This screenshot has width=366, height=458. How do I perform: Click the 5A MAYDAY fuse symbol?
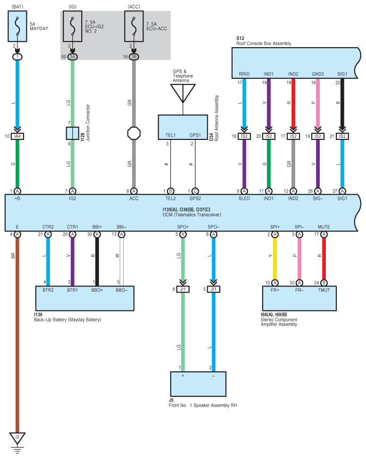coord(17,26)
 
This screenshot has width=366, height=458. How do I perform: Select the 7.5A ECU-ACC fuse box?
coord(134,26)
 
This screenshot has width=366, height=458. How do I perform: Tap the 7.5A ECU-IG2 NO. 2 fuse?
coord(72,26)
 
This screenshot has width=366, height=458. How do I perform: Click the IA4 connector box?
coord(17,136)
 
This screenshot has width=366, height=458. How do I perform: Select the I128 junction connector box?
coord(72,133)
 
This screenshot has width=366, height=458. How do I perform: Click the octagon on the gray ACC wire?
coord(134,133)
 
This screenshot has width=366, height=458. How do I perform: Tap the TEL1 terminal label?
coord(170,135)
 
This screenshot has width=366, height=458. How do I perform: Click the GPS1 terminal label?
coord(195,135)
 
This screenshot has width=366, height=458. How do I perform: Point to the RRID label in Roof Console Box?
coord(244,74)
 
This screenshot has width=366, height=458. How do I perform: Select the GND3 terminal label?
coord(318,74)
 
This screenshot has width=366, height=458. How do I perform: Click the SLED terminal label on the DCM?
coord(244,198)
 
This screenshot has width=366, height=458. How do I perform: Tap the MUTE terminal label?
coord(324,227)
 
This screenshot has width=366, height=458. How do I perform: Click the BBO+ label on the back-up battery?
coord(97,290)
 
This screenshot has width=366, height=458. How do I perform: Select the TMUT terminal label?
coord(324,290)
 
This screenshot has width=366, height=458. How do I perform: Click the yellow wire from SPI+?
coord(275,259)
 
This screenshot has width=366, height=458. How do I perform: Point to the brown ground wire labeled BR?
coord(17,335)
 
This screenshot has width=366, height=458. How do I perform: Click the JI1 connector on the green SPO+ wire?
coord(183,289)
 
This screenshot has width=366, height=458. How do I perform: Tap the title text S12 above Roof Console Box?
coord(240,38)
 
